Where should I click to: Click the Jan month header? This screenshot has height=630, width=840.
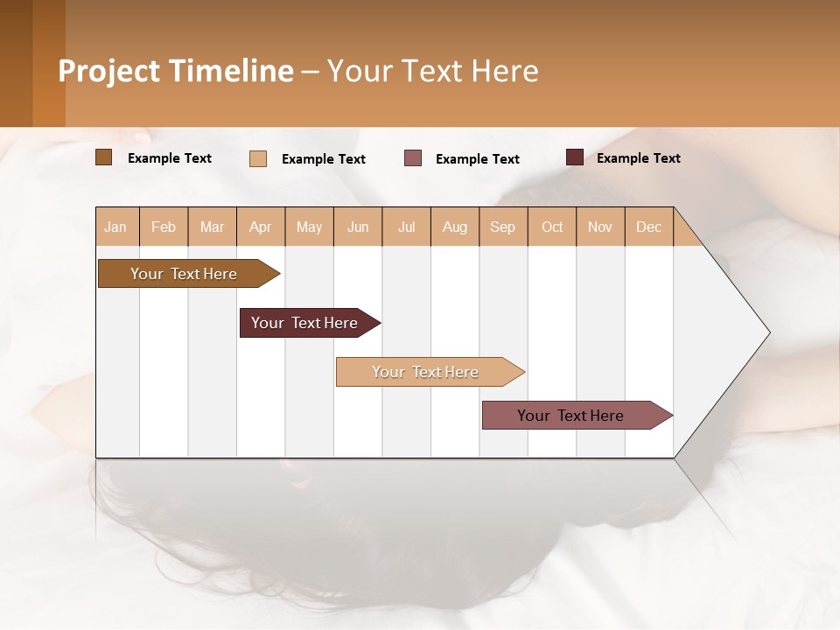[x=115, y=227]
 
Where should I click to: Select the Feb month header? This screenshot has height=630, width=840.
[x=164, y=227]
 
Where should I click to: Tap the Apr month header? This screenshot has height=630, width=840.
[x=260, y=227]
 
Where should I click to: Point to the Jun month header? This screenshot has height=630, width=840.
[x=358, y=227]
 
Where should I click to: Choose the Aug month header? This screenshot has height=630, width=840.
[x=454, y=227]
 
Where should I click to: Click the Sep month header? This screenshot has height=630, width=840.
[x=502, y=227]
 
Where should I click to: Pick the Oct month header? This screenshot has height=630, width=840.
[x=552, y=227]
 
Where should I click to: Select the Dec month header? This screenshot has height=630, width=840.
[x=648, y=227]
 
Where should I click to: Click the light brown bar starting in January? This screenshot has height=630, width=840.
[x=184, y=274]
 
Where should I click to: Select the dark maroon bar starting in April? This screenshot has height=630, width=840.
[x=304, y=323]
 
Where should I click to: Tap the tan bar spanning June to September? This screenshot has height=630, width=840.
[x=425, y=372]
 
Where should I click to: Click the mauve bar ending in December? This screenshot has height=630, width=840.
[x=570, y=416]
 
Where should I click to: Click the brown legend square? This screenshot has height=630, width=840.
[x=103, y=157]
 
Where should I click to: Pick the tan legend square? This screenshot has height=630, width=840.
[x=257, y=158]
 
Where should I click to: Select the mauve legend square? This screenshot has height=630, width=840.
[x=413, y=158]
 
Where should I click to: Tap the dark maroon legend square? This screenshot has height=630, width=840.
[x=574, y=157]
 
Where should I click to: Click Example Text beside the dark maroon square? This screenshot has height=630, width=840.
[x=638, y=158]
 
